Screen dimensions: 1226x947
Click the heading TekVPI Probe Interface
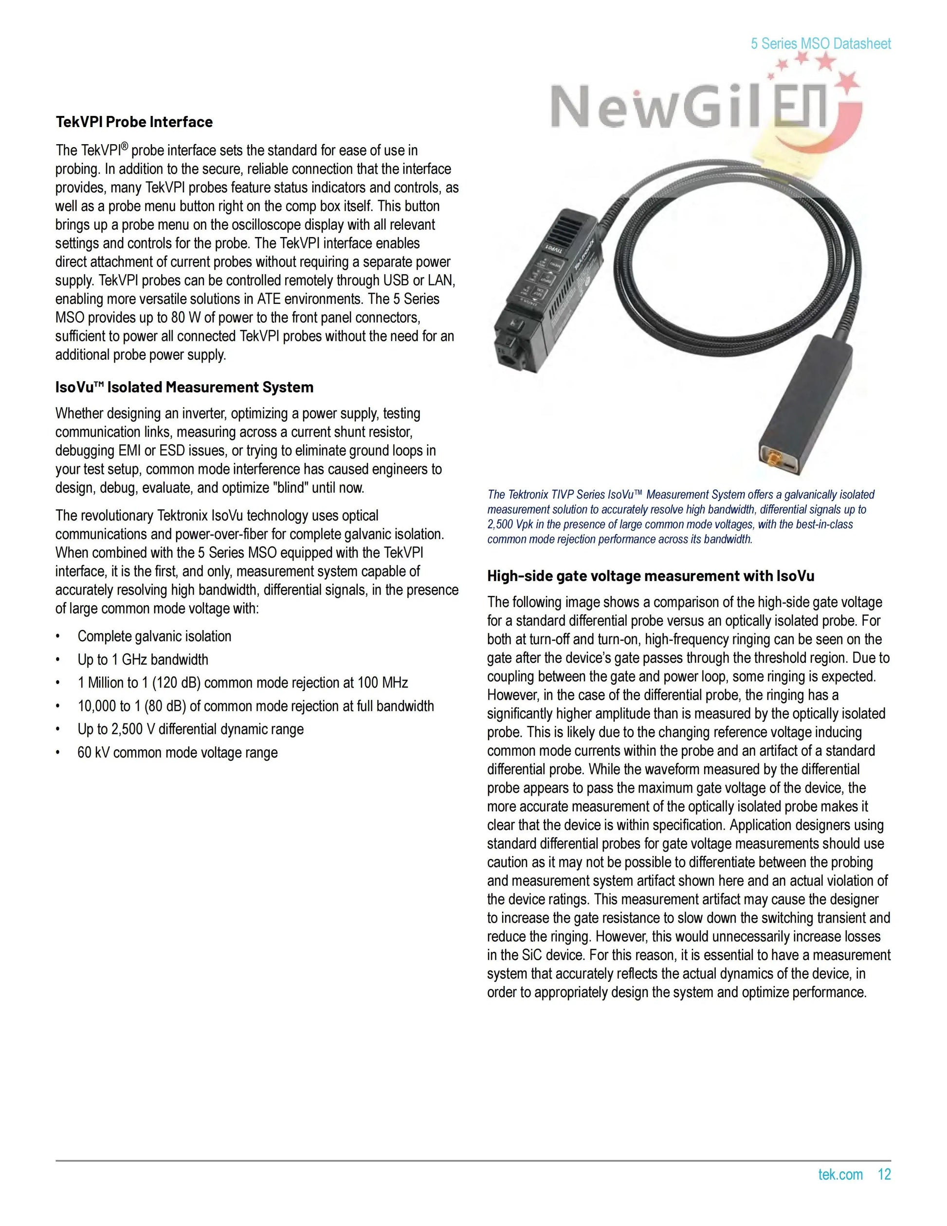134,122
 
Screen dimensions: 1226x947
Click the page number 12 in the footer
884,1174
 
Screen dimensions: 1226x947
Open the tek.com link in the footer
840,1174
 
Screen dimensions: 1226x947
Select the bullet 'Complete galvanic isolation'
154,636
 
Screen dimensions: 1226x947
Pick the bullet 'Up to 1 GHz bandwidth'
143,660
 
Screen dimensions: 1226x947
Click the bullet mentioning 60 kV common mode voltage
177,752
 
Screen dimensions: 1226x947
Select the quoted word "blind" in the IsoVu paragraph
290,487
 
